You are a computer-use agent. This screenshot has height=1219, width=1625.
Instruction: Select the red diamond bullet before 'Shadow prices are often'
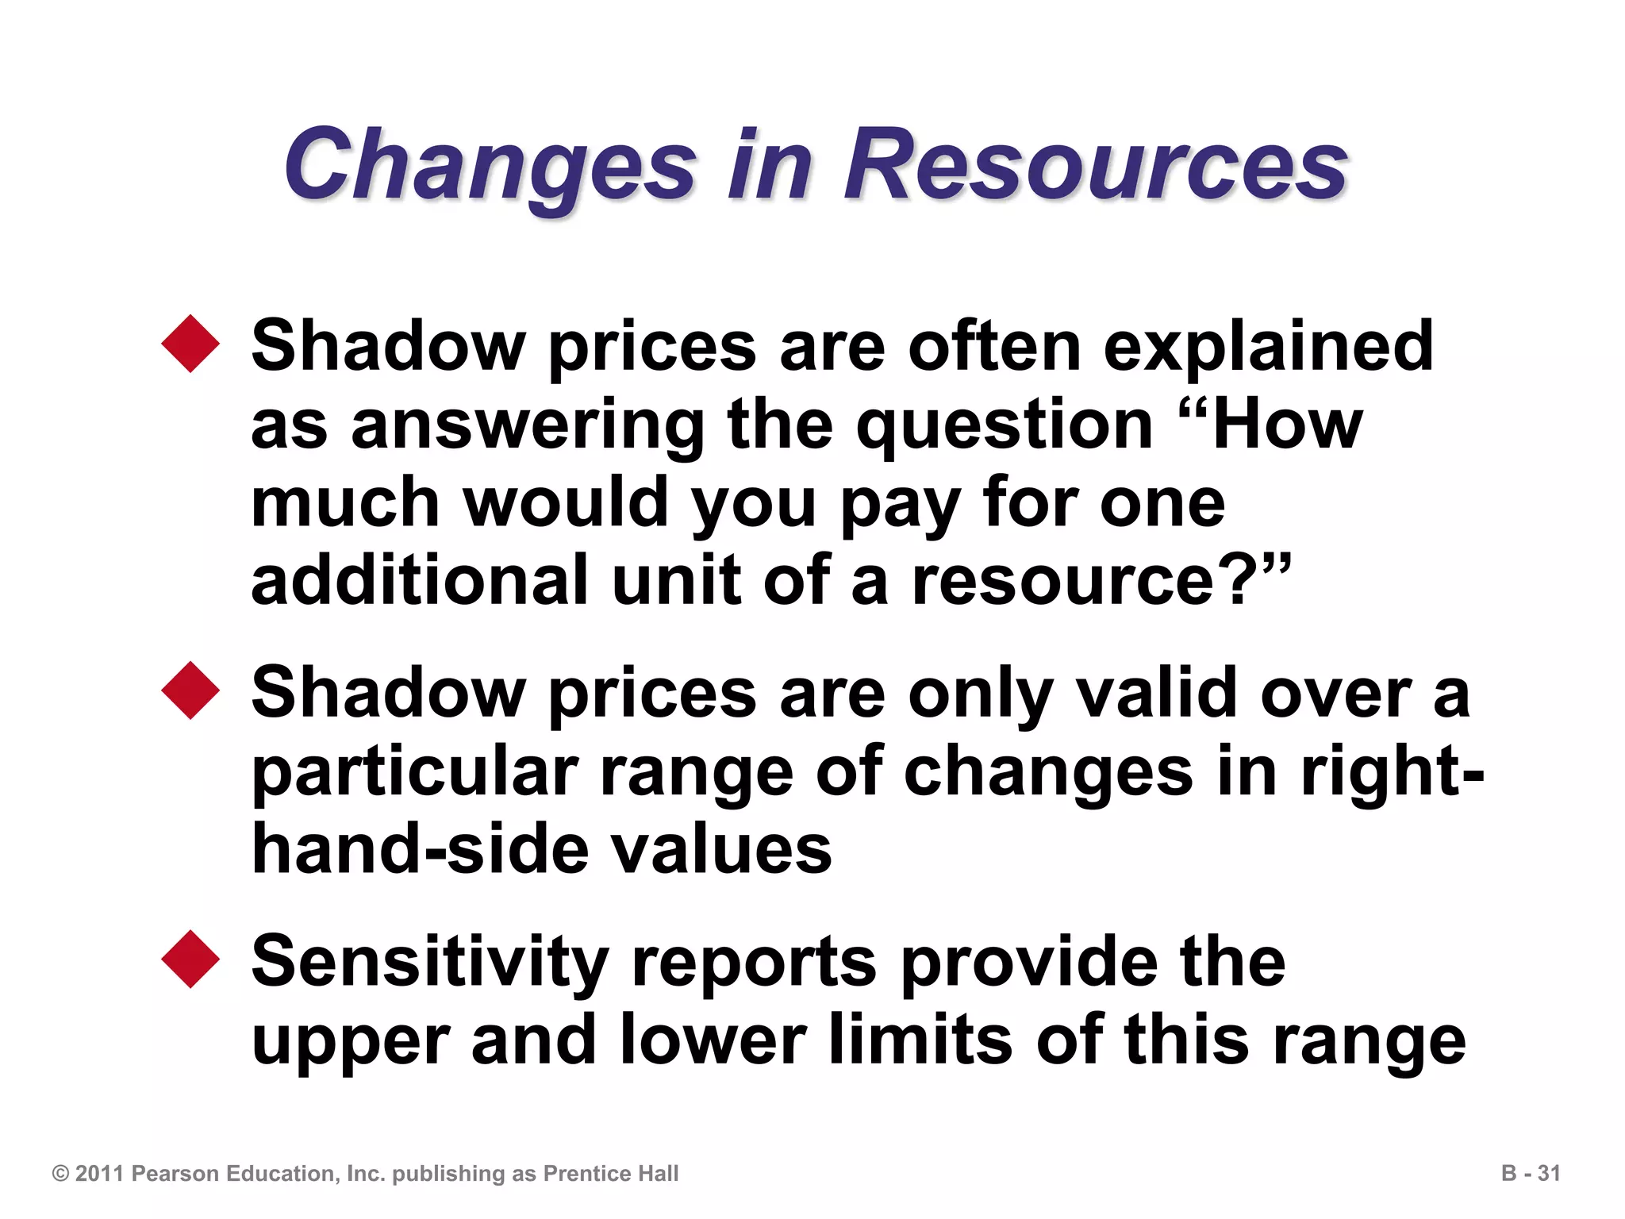pos(190,344)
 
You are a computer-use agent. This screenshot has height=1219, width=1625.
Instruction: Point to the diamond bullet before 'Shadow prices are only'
pos(190,690)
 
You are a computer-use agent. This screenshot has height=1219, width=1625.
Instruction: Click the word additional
pos(420,580)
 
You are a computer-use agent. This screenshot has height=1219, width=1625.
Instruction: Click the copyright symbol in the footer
pos(60,1173)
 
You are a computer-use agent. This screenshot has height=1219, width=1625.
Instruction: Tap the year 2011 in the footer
pos(100,1173)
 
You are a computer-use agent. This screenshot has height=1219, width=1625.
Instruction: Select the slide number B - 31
pos(1531,1173)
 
